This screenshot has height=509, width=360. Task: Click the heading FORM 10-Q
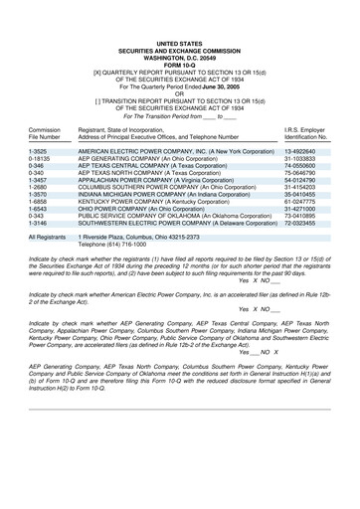coord(179,66)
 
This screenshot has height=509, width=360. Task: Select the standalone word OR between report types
coord(179,94)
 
